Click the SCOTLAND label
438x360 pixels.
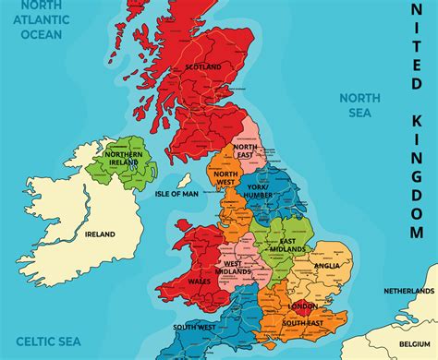point(202,67)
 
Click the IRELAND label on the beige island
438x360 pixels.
point(100,234)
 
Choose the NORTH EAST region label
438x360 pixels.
point(246,151)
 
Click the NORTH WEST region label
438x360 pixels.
point(225,177)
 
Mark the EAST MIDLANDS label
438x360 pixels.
point(287,244)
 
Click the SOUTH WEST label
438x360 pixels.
point(192,328)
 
